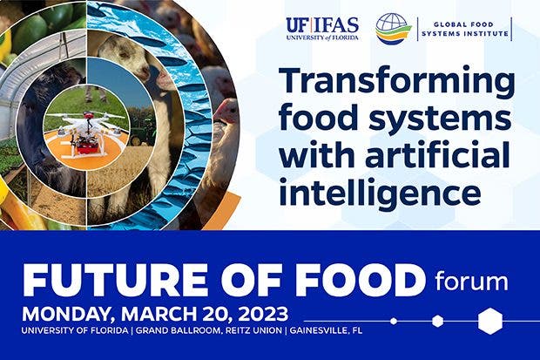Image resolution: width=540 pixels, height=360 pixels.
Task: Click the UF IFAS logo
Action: tap(322, 29)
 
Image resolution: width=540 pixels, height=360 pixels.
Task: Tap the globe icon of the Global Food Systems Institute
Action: tap(394, 29)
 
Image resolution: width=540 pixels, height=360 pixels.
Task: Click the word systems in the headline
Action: tap(440, 118)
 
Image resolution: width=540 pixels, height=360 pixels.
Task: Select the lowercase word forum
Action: tap(471, 281)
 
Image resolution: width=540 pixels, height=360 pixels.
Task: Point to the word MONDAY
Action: tap(69, 315)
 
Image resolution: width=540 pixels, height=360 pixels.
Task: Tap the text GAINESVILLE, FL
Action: tap(326, 330)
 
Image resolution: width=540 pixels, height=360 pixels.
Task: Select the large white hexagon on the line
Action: tap(490, 322)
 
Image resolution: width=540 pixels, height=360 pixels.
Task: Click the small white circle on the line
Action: tap(394, 322)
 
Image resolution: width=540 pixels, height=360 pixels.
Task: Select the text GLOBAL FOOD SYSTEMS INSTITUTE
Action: tap(465, 29)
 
